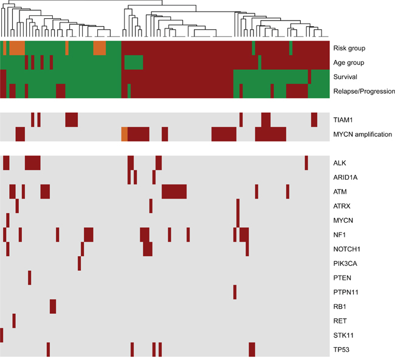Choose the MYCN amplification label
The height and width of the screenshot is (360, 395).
pyautogui.click(x=363, y=134)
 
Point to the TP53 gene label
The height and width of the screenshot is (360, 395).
pyautogui.click(x=342, y=350)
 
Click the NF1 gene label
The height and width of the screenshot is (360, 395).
pyautogui.click(x=339, y=234)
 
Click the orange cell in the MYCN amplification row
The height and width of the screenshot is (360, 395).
pyautogui.click(x=124, y=134)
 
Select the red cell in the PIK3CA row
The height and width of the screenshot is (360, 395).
pyautogui.click(x=79, y=263)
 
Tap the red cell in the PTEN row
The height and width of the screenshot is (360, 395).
pyautogui.click(x=29, y=278)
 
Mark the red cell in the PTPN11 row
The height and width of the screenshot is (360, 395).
pyautogui.click(x=235, y=292)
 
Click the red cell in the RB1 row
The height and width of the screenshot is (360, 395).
pyautogui.click(x=53, y=307)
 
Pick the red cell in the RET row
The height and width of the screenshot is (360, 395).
pyautogui.click(x=14, y=321)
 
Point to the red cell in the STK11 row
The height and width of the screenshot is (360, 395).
pyautogui.click(x=2, y=335)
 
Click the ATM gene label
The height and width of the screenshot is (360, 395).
pyautogui.click(x=340, y=192)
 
